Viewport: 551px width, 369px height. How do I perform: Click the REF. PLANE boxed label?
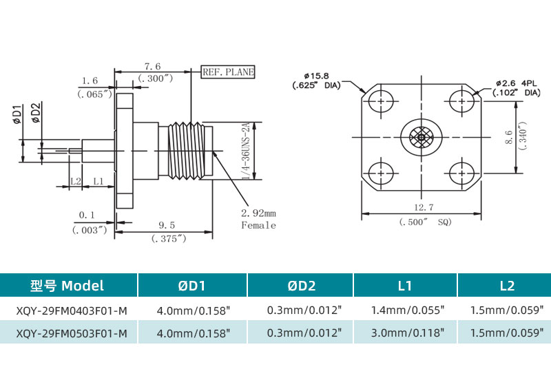pyautogui.click(x=228, y=72)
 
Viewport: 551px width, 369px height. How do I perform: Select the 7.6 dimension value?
pyautogui.click(x=152, y=67)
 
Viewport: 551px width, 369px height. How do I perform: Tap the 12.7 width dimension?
pyautogui.click(x=419, y=207)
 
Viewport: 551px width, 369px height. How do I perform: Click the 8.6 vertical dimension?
pyautogui.click(x=508, y=138)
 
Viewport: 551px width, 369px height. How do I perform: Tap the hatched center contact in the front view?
pyautogui.click(x=421, y=138)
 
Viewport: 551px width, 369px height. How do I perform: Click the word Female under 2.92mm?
pyautogui.click(x=258, y=225)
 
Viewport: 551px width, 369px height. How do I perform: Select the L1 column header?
pyautogui.click(x=405, y=286)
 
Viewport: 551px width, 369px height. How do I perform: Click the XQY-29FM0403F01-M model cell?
pyautogui.click(x=72, y=311)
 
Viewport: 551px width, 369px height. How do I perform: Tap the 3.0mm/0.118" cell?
pyautogui.click(x=405, y=334)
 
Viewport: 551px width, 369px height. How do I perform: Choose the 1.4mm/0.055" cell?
pyautogui.click(x=405, y=311)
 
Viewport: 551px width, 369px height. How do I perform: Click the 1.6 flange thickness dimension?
pyautogui.click(x=90, y=81)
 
